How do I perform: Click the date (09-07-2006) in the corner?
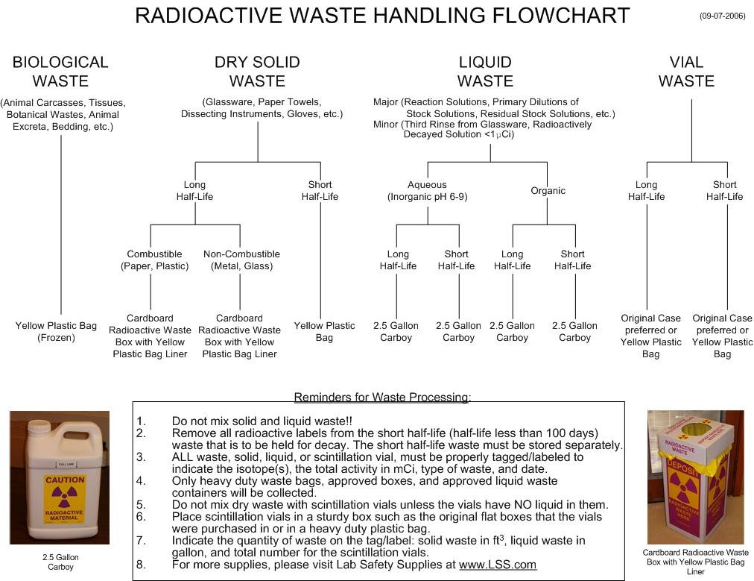721,16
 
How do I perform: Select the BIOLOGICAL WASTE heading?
60,72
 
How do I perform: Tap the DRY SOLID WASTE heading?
257,72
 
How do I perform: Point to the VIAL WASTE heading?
686,72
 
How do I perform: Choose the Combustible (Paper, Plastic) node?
154,260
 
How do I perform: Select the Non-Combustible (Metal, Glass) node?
241,260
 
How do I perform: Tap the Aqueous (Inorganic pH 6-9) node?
427,191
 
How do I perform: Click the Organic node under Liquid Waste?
548,191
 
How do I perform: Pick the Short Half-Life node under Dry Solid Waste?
320,191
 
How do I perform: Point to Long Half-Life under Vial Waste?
646,191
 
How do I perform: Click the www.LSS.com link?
497,565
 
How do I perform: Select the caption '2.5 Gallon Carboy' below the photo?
60,562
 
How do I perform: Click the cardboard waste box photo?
694,477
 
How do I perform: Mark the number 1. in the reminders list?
141,421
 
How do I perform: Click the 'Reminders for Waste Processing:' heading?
382,398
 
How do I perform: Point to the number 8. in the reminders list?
141,565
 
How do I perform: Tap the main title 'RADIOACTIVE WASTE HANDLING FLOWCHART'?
382,16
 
